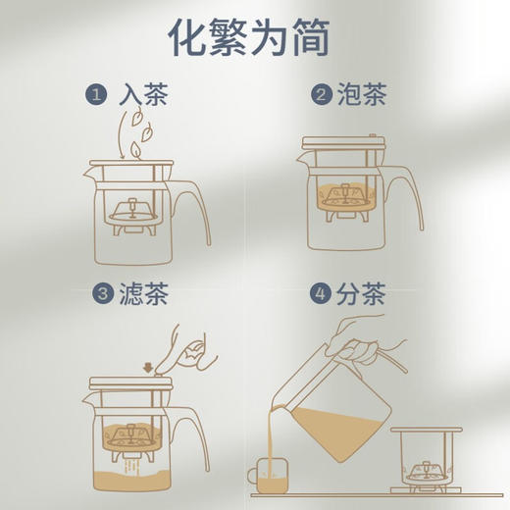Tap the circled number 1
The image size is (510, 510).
(95, 95)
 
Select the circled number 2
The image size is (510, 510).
(320, 95)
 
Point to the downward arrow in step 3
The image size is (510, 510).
(146, 368)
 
